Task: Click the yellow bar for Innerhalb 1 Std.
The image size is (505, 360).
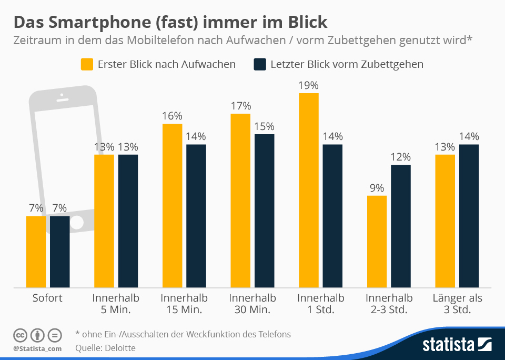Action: (309, 191)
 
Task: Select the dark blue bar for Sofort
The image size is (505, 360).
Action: (60, 252)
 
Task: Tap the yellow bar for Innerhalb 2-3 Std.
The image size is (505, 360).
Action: (377, 242)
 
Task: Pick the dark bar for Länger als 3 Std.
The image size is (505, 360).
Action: (469, 216)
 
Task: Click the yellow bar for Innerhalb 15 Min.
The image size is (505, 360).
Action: (172, 206)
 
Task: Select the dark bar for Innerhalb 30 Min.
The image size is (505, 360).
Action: (265, 211)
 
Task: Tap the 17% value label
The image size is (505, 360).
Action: (240, 106)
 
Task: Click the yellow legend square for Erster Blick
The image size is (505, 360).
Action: (87, 64)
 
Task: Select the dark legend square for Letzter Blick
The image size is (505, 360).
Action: (260, 64)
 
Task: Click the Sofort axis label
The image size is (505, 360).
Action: (47, 298)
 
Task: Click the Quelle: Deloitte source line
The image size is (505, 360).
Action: (105, 348)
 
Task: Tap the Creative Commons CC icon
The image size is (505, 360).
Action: (20, 335)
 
